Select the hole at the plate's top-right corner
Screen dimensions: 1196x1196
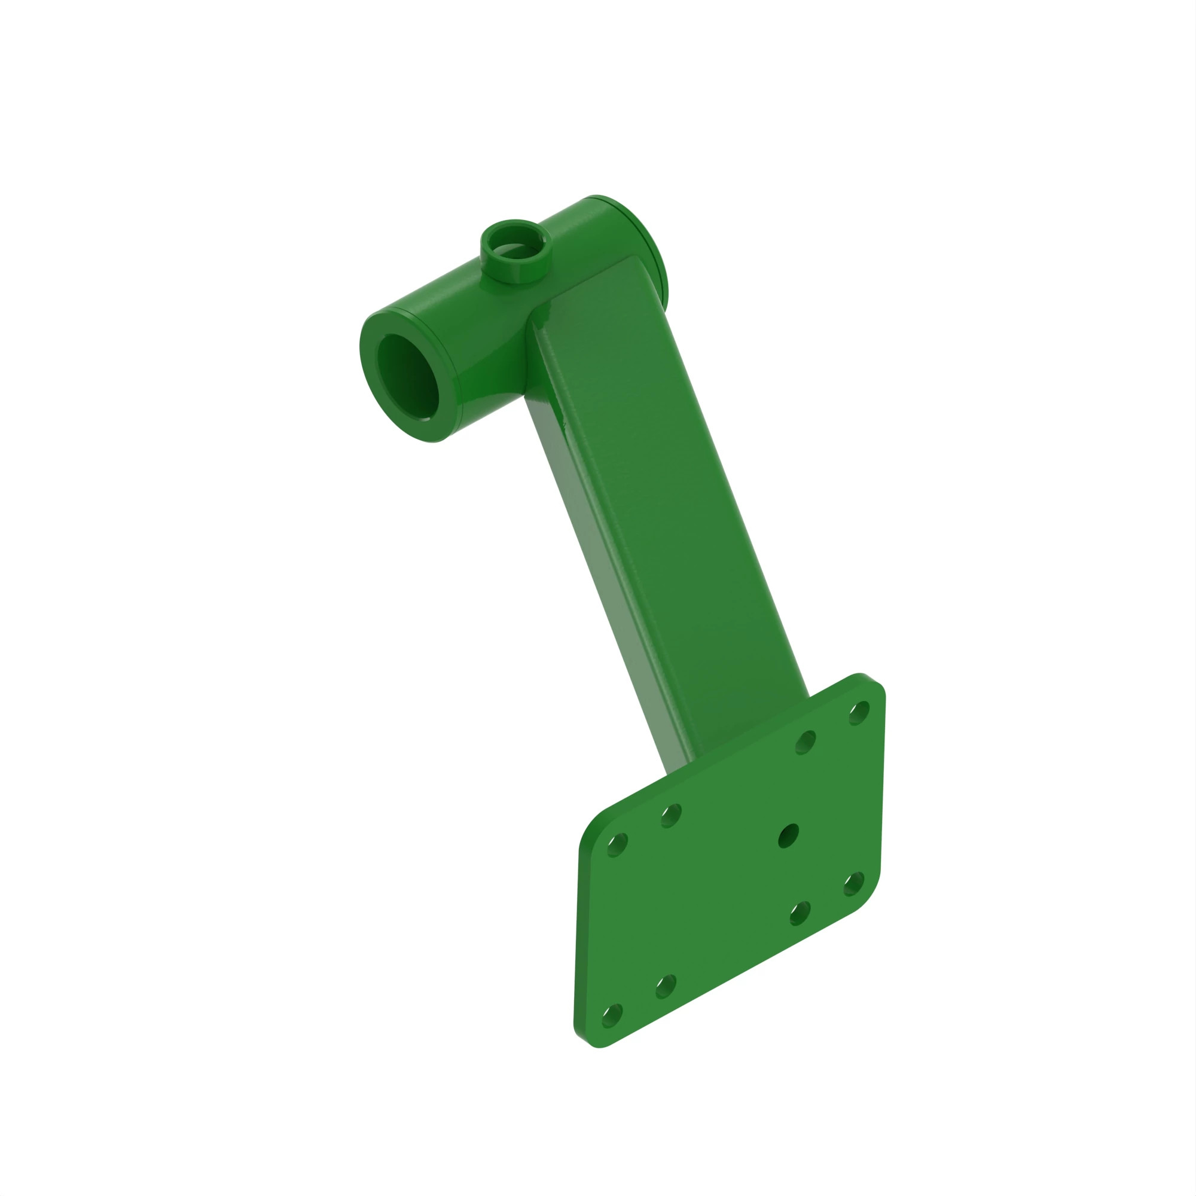pos(859,713)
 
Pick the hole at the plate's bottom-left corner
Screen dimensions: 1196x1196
pos(612,1016)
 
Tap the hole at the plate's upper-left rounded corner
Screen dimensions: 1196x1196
pos(617,845)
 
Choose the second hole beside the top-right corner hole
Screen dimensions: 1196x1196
pos(806,742)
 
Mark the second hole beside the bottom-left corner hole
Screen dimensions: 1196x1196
pos(666,986)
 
